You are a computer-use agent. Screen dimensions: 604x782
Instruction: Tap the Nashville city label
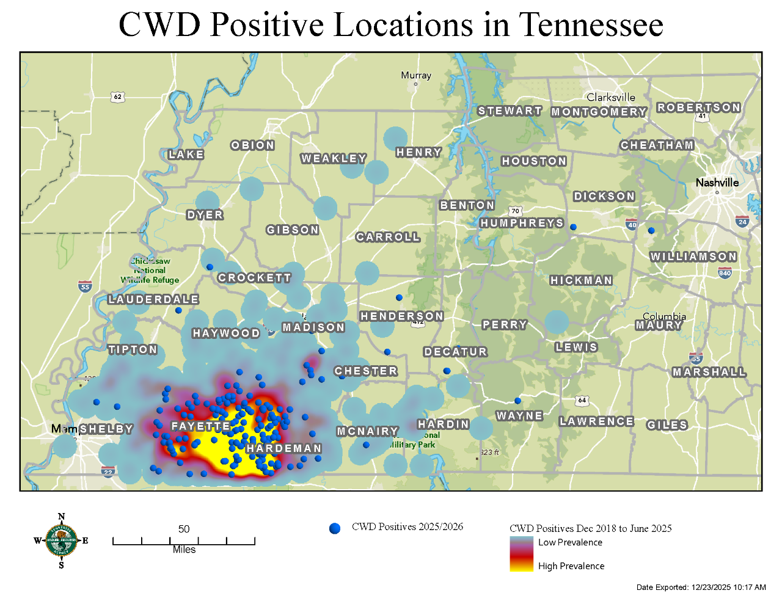[717, 183]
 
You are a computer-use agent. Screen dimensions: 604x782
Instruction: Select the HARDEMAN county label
[283, 448]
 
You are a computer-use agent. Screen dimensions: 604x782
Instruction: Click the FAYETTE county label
[200, 426]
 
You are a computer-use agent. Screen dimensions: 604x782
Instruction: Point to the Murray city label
[416, 75]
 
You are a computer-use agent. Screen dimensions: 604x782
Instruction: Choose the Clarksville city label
[611, 97]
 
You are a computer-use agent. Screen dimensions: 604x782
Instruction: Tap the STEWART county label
[510, 111]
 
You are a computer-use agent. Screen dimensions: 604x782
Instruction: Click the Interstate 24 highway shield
[742, 221]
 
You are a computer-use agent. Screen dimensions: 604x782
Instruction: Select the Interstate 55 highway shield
[85, 286]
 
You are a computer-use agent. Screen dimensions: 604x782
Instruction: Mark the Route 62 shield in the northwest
[118, 96]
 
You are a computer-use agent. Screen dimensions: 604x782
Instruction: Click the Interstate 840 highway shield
[725, 272]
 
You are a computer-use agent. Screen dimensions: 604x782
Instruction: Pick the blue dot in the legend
[335, 528]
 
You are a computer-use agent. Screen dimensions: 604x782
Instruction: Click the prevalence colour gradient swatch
[521, 553]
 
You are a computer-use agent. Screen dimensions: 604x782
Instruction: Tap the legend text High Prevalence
[571, 566]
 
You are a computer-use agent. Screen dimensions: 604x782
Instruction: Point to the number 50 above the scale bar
[184, 529]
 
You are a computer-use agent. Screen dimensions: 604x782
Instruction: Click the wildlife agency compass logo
[61, 540]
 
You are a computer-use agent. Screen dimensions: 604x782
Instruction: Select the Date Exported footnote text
[701, 588]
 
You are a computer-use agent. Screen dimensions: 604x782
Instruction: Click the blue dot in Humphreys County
[573, 227]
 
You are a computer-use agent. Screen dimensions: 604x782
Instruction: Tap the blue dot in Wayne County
[517, 401]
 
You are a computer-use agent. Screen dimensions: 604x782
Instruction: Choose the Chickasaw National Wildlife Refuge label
[150, 271]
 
